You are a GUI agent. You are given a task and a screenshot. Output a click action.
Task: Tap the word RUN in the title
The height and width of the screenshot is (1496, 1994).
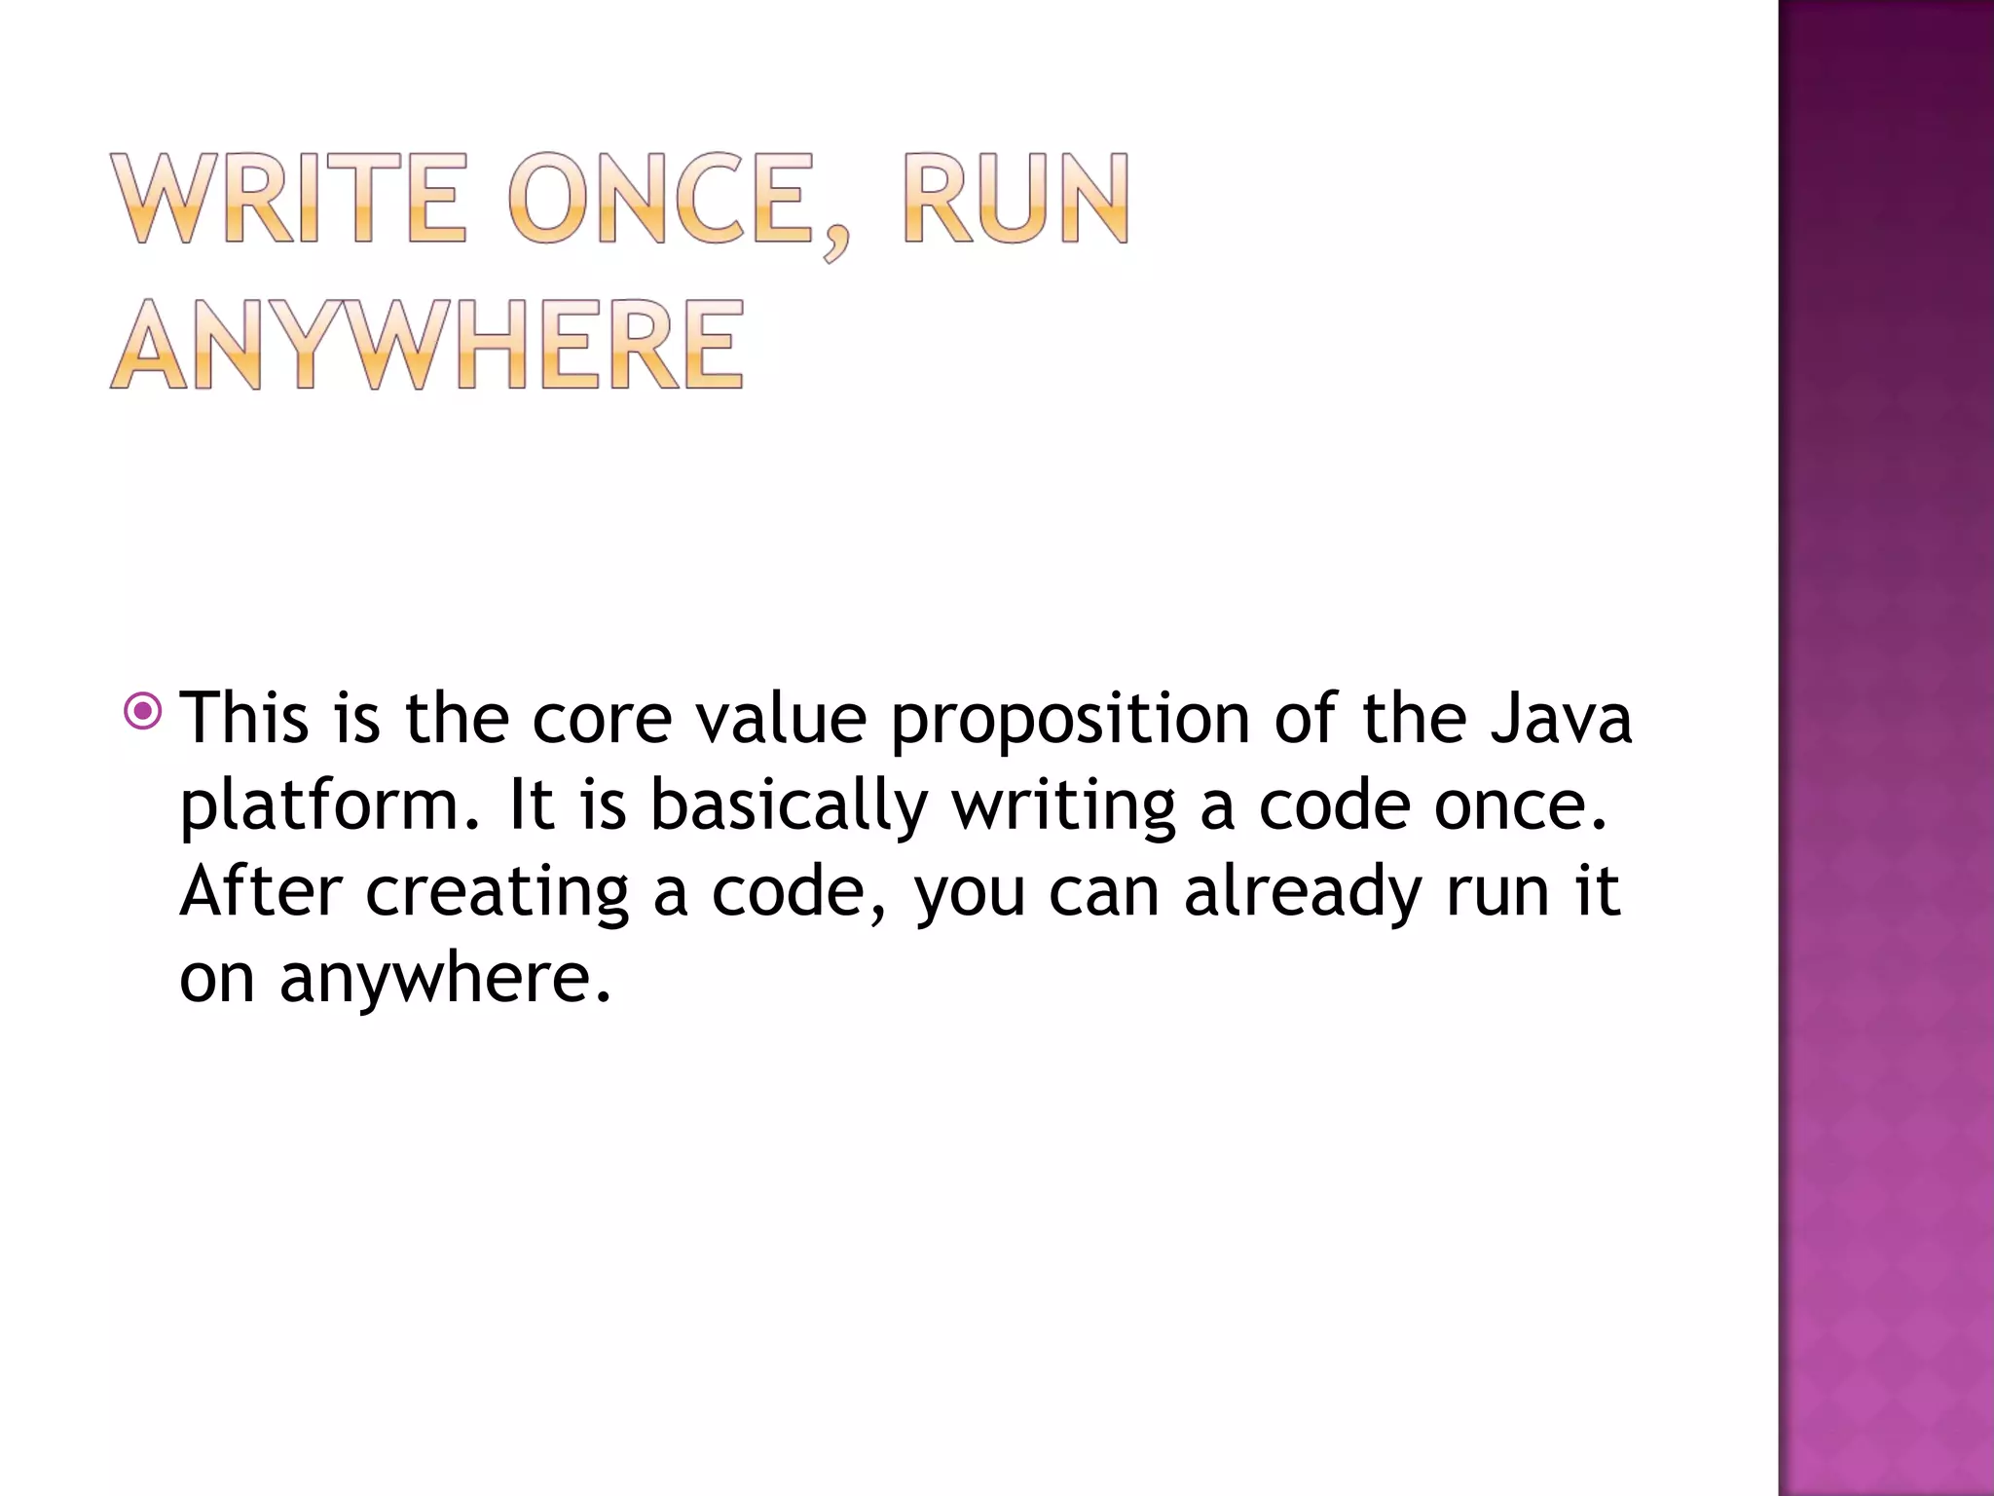pos(1016,199)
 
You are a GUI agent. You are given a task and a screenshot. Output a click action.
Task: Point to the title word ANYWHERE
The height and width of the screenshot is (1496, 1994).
pos(428,345)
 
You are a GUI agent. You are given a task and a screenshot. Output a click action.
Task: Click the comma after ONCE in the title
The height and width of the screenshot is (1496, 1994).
pos(834,243)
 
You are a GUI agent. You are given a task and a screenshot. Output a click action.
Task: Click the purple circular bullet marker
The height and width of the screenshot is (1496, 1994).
pos(144,711)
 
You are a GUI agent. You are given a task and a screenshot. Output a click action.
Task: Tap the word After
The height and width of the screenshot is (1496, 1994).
pos(261,891)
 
